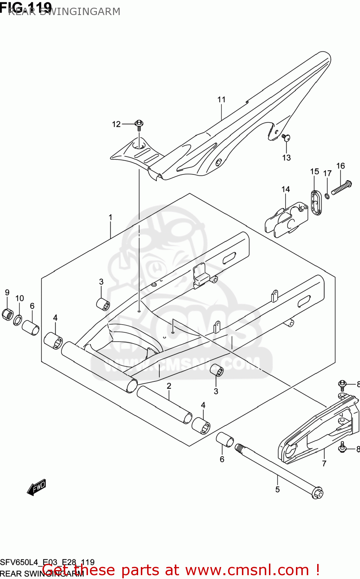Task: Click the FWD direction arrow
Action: (x=37, y=488)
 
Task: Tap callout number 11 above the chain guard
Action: (x=221, y=100)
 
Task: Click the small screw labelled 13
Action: (x=286, y=137)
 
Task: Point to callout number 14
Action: (x=286, y=189)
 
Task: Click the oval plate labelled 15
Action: (x=316, y=202)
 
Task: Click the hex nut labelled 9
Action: (x=8, y=315)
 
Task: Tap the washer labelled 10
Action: (x=18, y=320)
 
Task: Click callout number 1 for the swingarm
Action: (x=110, y=217)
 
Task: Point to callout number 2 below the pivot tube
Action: (x=169, y=386)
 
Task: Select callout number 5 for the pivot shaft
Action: (x=277, y=489)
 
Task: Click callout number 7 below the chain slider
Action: (x=324, y=463)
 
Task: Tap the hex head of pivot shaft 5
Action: (x=318, y=493)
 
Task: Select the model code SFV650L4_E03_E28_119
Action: (x=47, y=562)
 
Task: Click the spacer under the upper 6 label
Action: (x=30, y=327)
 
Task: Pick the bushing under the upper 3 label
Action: (x=103, y=304)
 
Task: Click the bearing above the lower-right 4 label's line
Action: (x=201, y=426)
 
